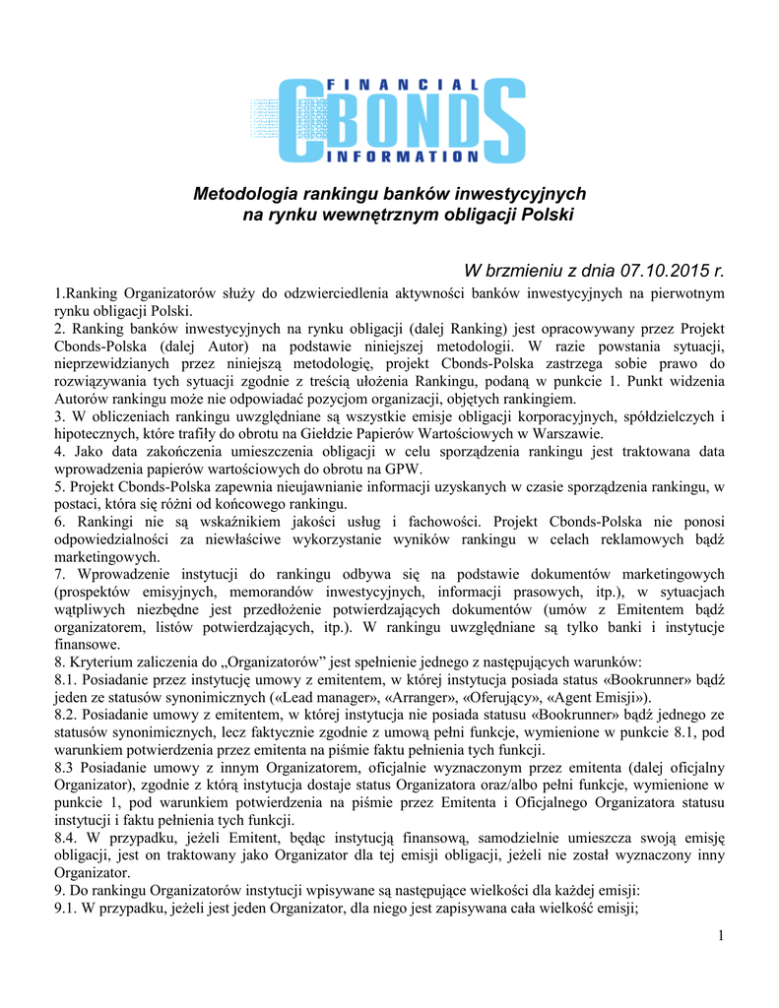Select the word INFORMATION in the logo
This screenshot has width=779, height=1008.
[400, 157]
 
